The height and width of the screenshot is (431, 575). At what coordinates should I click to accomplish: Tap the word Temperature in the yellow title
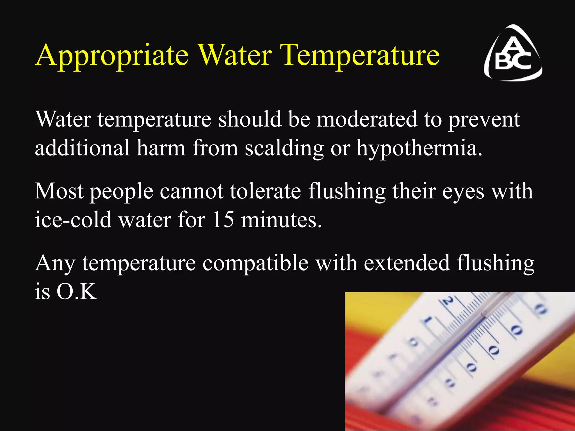click(x=360, y=55)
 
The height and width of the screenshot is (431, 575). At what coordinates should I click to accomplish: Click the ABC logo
click(x=513, y=53)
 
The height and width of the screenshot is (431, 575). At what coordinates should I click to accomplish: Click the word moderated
click(x=367, y=119)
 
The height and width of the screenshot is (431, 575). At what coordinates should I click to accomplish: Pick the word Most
click(x=59, y=191)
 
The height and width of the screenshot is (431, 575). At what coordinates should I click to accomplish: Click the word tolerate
click(x=266, y=191)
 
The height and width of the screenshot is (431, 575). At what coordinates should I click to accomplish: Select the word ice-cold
click(x=73, y=219)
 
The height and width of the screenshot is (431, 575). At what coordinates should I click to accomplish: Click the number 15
click(x=223, y=219)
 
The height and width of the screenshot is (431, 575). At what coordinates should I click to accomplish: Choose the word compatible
click(x=255, y=263)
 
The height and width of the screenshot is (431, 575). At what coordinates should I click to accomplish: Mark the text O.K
click(x=77, y=292)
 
